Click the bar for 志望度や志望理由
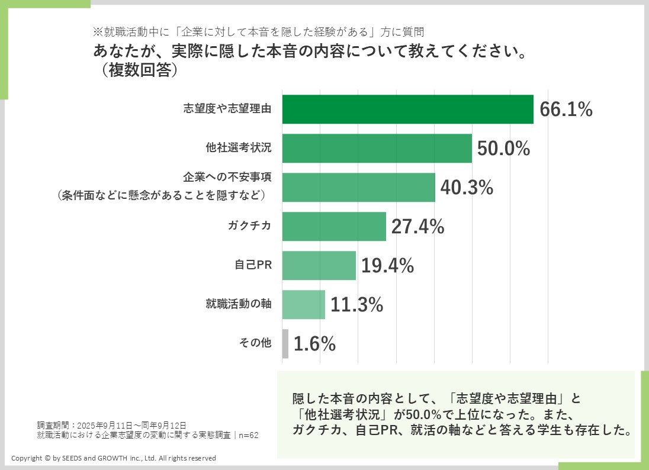pyautogui.click(x=407, y=110)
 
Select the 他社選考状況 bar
pyautogui.click(x=377, y=149)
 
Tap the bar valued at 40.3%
pyautogui.click(x=358, y=188)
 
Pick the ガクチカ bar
pyautogui.click(x=334, y=227)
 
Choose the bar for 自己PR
pyautogui.click(x=319, y=266)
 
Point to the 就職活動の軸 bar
pyautogui.click(x=303, y=305)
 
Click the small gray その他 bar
pyautogui.click(x=285, y=344)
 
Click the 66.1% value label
pyautogui.click(x=566, y=110)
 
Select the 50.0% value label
pyautogui.click(x=503, y=149)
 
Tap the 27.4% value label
pyautogui.click(x=417, y=227)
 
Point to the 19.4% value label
pyautogui.click(x=387, y=266)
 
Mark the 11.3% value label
pyautogui.click(x=356, y=305)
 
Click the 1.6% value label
pyautogui.click(x=314, y=344)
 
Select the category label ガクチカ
pyautogui.click(x=249, y=227)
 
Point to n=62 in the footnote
pyautogui.click(x=249, y=435)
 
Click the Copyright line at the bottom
pyautogui.click(x=114, y=458)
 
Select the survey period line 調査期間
pyautogui.click(x=111, y=425)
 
